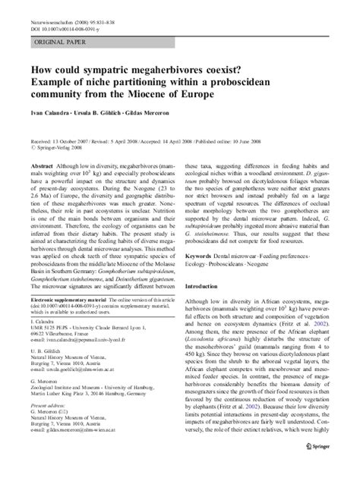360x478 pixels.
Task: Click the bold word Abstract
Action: pos(41,165)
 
